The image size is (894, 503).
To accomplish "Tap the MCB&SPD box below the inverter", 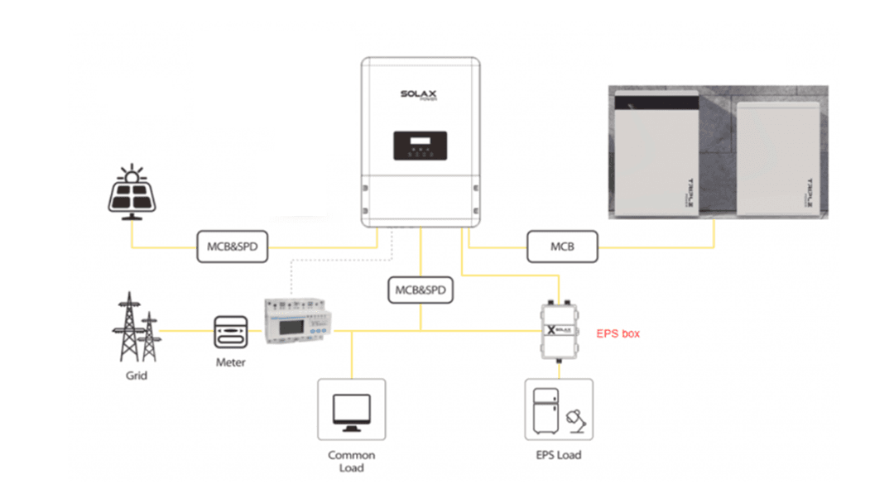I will click(421, 290).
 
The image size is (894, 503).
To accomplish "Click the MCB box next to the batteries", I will click(562, 247).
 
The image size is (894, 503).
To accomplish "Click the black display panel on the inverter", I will click(420, 146).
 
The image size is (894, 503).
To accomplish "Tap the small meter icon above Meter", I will click(231, 333).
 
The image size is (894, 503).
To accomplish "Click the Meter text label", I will click(231, 363).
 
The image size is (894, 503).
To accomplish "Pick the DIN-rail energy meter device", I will click(294, 322).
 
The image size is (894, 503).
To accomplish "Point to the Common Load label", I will click(352, 462).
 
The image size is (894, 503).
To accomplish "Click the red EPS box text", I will click(618, 334).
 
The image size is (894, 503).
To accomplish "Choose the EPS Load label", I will click(559, 455).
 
